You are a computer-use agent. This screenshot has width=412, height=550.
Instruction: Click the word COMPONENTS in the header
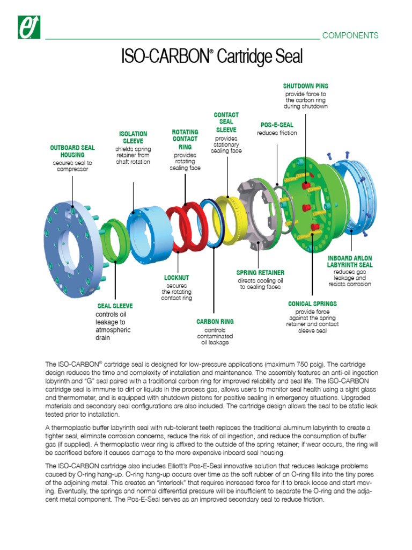click(x=350, y=35)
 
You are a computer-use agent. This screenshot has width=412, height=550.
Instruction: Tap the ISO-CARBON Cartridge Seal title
click(x=213, y=56)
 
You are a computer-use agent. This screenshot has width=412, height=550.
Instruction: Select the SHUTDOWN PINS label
click(x=305, y=86)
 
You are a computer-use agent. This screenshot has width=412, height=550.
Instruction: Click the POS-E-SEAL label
click(x=277, y=125)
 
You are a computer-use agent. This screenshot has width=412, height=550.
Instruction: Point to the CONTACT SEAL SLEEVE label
click(x=226, y=122)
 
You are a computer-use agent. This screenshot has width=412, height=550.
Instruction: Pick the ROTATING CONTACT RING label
click(x=185, y=139)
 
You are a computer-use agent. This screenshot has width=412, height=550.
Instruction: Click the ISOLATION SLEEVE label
click(x=133, y=137)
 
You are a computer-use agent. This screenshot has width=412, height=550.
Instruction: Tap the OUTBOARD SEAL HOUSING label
click(x=72, y=151)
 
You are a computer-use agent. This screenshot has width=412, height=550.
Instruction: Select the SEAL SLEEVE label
click(x=115, y=306)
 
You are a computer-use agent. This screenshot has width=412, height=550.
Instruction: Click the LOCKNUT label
click(x=176, y=278)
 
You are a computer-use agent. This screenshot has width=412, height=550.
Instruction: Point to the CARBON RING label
click(x=215, y=322)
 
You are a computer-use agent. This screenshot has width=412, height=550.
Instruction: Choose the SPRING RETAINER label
click(x=260, y=273)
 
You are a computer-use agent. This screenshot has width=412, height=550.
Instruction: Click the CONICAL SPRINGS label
click(x=312, y=303)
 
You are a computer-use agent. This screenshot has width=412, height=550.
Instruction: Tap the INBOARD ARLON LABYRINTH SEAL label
click(x=350, y=261)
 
